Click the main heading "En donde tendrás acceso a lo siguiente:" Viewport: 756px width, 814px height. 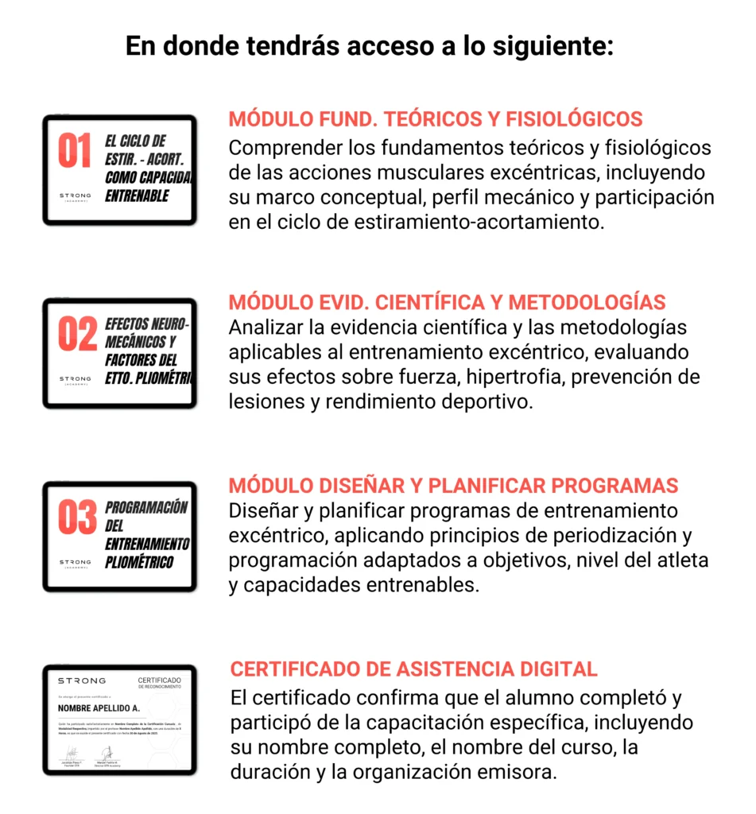pos(370,46)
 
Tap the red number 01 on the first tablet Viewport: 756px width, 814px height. pos(75,152)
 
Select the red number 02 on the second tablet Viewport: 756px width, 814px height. pos(77,335)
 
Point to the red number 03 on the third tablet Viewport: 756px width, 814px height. pos(77,518)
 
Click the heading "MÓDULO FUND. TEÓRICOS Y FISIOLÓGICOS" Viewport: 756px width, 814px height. pos(436,119)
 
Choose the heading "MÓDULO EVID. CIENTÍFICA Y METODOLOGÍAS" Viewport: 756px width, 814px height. pos(447,303)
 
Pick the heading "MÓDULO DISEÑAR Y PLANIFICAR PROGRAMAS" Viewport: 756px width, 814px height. pos(453,486)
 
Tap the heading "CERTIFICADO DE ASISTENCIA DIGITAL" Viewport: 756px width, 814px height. pos(413,669)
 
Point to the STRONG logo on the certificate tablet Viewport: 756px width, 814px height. pos(81,681)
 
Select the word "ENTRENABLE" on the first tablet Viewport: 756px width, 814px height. pos(137,196)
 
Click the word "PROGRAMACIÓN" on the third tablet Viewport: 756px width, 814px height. pos(146,508)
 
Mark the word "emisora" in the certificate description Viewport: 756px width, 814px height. pos(524,772)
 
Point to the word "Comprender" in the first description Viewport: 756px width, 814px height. pos(284,148)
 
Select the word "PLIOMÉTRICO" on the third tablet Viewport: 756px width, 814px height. pos(139,563)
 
